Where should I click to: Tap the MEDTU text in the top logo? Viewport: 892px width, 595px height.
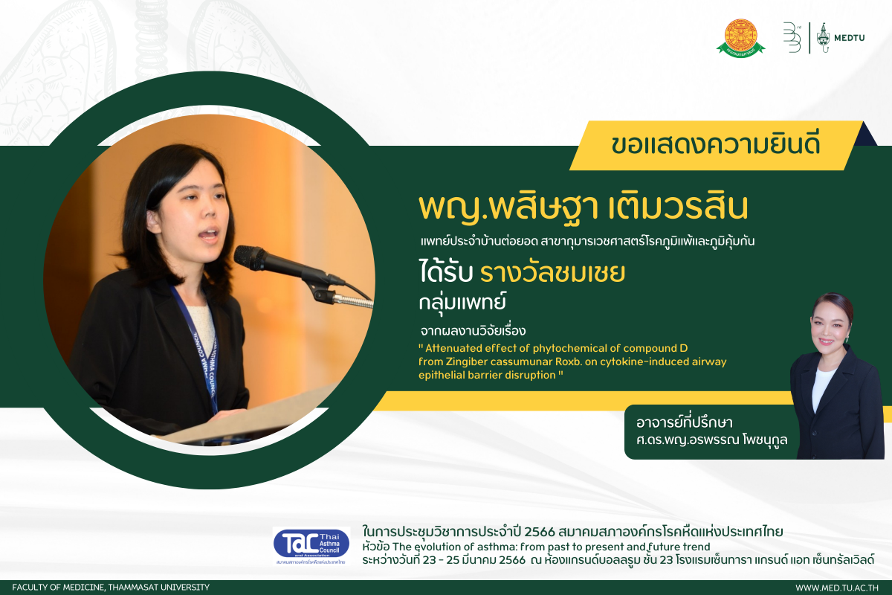coord(850,38)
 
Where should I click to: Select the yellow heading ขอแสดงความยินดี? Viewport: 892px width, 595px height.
coord(715,145)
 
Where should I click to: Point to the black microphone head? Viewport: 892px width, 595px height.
coord(250,259)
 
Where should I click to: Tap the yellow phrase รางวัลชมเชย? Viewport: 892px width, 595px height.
coord(552,273)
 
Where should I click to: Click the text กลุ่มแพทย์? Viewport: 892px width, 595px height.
coord(462,303)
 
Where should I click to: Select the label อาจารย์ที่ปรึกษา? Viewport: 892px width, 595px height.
coord(684,422)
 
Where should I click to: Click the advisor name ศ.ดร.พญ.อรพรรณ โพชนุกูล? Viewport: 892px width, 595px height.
coord(711,440)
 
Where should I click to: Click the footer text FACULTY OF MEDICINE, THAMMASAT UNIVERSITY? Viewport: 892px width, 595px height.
coord(111,588)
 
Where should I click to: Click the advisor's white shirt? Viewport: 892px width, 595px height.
coord(822,387)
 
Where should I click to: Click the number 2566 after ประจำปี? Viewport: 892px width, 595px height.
coord(540,532)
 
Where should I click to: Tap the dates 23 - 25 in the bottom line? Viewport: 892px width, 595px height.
coord(442,560)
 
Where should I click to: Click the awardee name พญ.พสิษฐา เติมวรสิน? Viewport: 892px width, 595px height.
coord(584,208)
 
